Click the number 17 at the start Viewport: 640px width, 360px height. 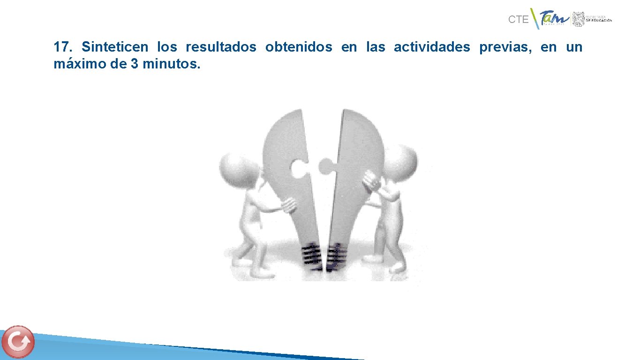(x=62, y=47)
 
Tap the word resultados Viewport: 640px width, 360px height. (x=221, y=47)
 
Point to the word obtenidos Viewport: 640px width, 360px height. (x=299, y=47)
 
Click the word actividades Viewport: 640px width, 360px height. (x=431, y=47)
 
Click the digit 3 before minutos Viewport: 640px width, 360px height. (x=134, y=64)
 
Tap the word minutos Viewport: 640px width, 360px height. (x=171, y=64)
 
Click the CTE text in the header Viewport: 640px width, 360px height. (x=518, y=20)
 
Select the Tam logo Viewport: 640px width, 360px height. (x=554, y=19)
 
